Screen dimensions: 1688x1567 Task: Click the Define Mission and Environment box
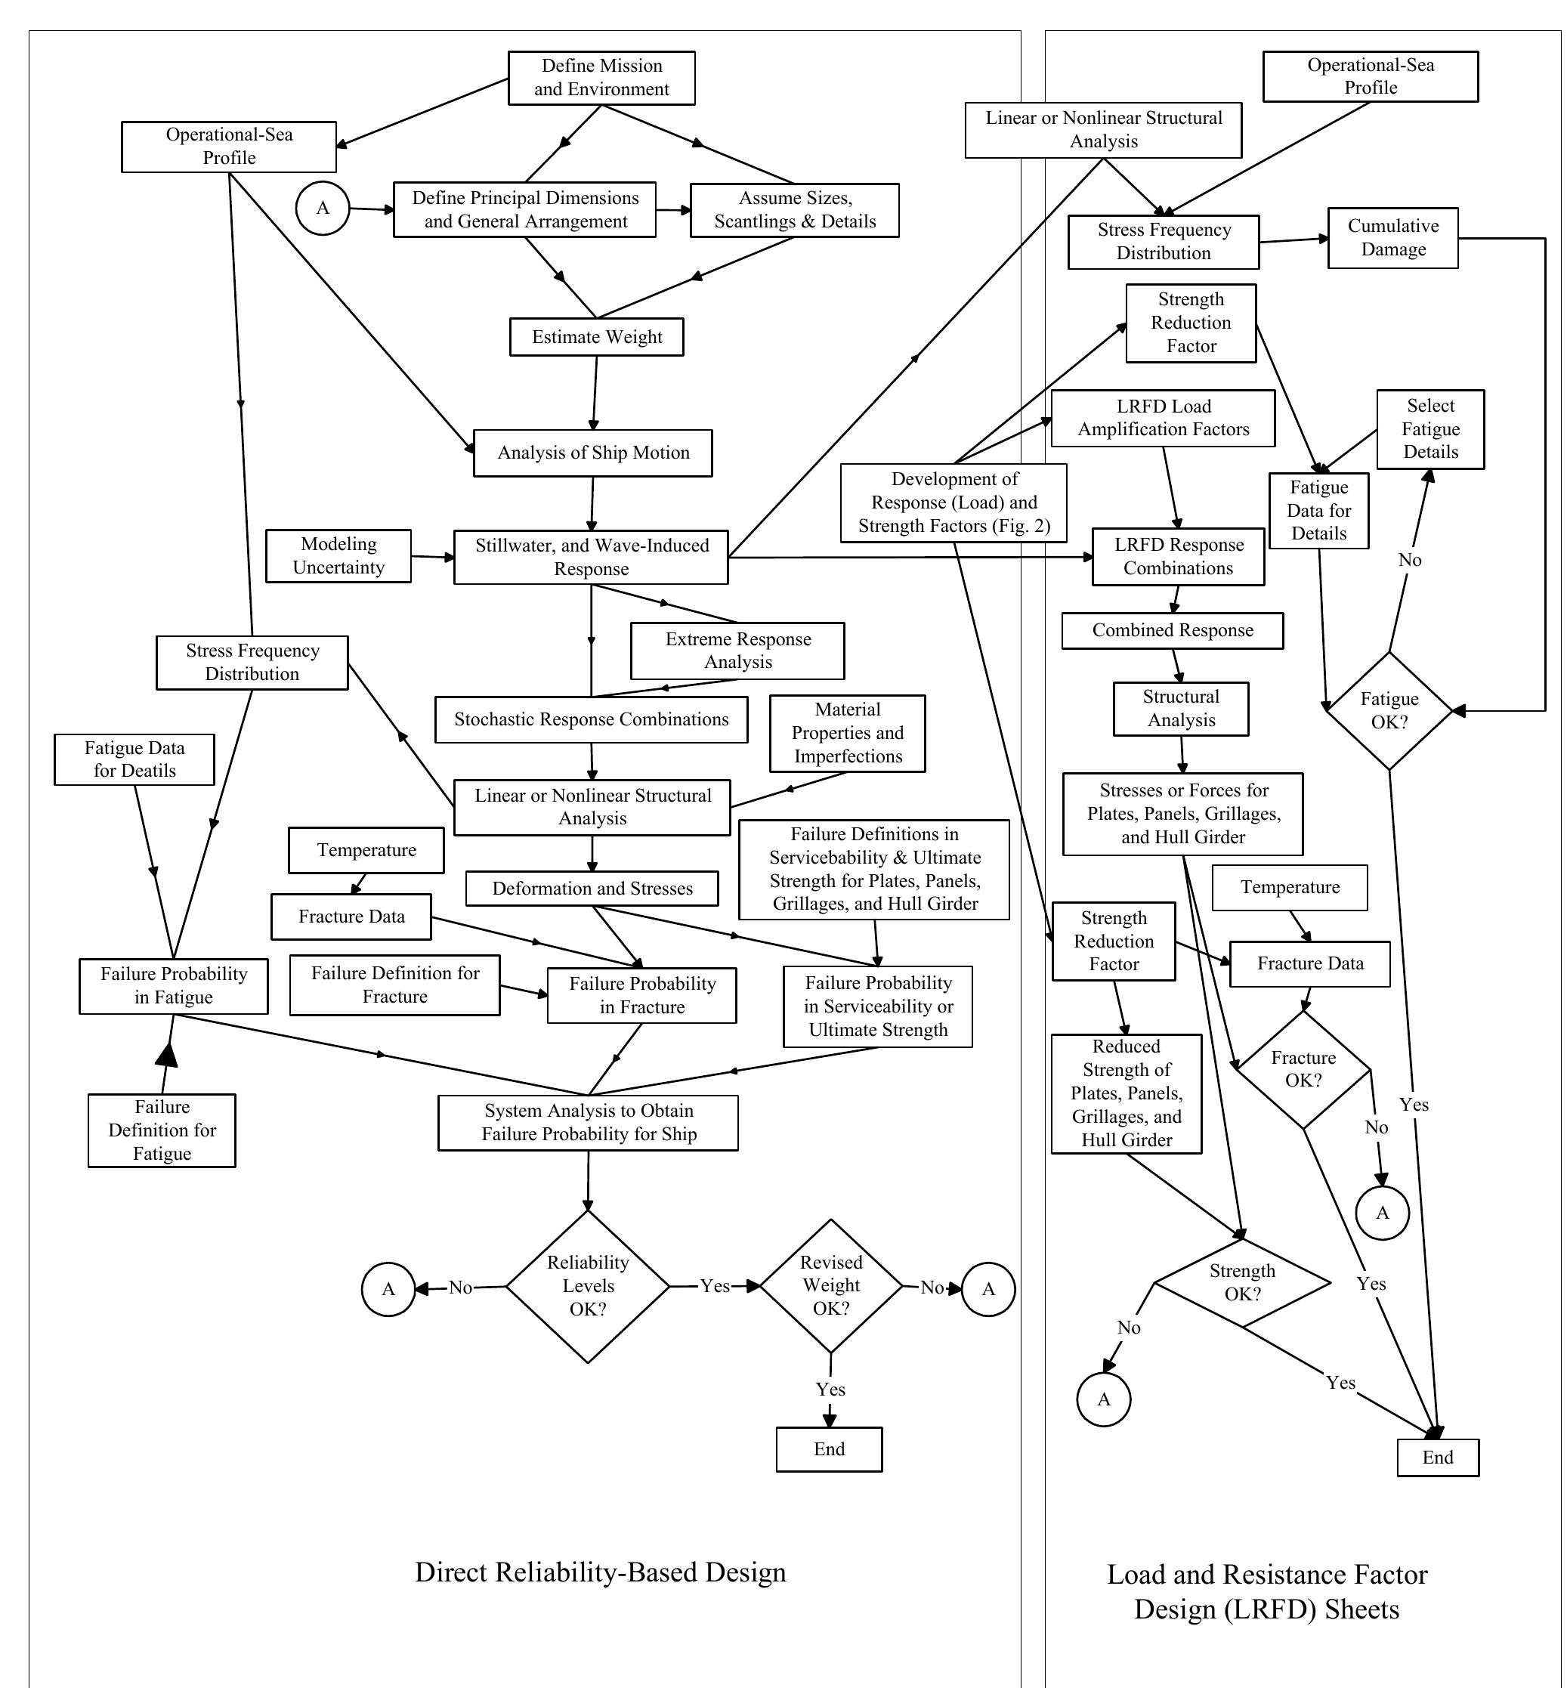click(601, 78)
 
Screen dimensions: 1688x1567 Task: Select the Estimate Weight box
click(596, 336)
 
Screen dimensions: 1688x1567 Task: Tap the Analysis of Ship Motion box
click(592, 453)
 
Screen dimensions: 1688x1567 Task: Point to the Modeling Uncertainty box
click(338, 556)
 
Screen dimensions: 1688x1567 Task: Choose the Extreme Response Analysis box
click(737, 651)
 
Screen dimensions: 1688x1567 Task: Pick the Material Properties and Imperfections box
click(847, 734)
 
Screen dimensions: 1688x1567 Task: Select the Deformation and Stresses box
click(592, 889)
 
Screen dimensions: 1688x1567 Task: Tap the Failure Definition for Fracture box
click(394, 985)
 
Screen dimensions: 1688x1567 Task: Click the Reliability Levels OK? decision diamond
click(588, 1286)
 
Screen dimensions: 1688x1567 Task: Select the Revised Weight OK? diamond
click(831, 1285)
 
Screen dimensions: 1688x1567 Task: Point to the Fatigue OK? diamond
click(1389, 710)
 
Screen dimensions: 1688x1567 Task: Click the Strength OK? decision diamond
click(1242, 1283)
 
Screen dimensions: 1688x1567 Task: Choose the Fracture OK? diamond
click(1303, 1069)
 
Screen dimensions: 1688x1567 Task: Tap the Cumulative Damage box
click(1392, 238)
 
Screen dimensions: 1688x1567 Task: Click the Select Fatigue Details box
click(1429, 429)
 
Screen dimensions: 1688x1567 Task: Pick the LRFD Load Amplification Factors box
click(1163, 418)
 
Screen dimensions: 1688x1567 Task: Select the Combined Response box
click(1172, 631)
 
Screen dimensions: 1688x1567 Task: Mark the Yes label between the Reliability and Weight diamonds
click(715, 1286)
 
